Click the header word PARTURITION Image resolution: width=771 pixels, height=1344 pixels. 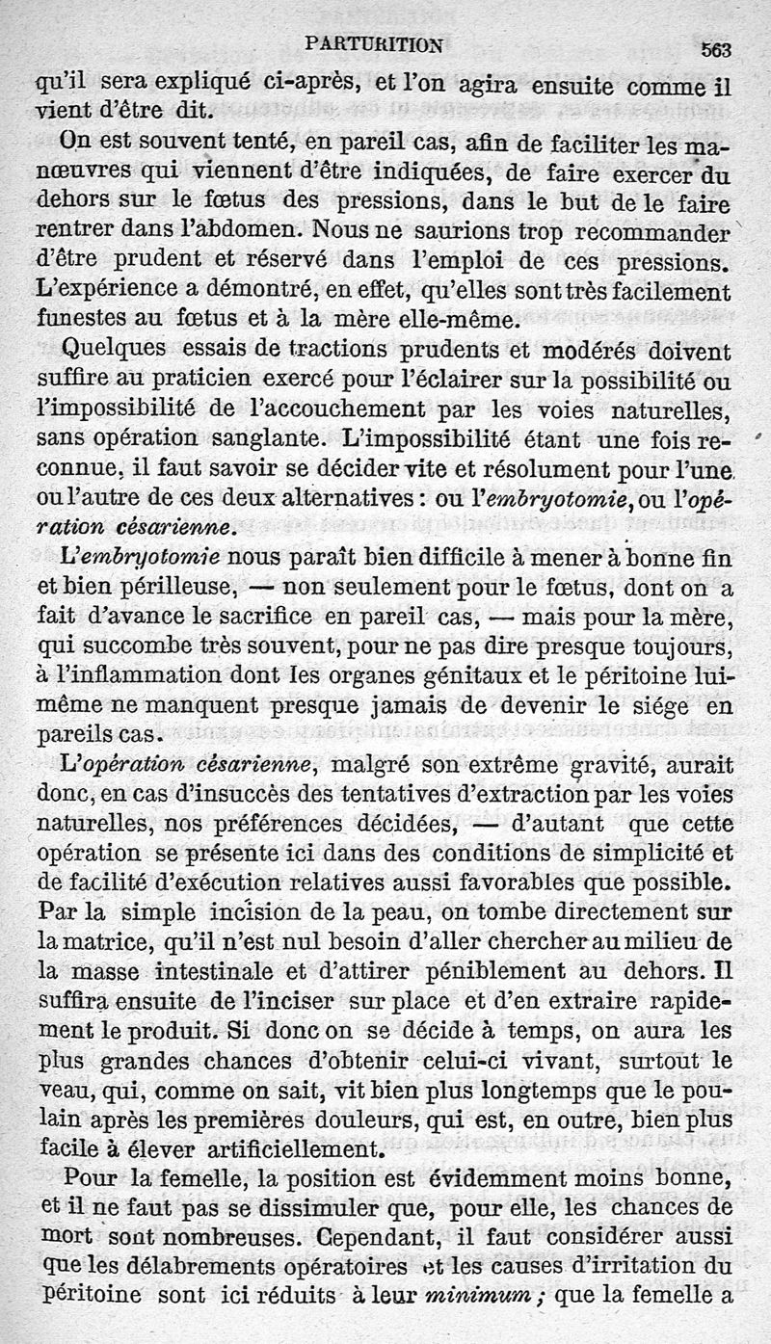click(x=372, y=43)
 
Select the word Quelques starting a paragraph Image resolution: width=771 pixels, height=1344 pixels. click(x=100, y=348)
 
